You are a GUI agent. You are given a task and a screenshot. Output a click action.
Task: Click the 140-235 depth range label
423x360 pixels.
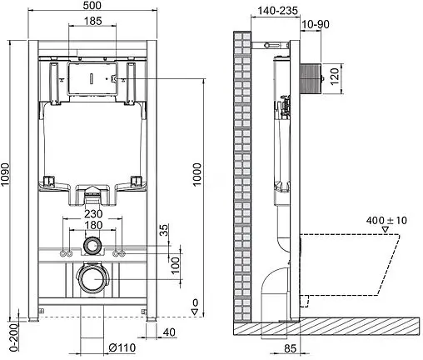pyautogui.click(x=277, y=10)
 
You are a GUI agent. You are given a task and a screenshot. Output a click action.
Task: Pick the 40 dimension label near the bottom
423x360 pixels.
pyautogui.click(x=170, y=333)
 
